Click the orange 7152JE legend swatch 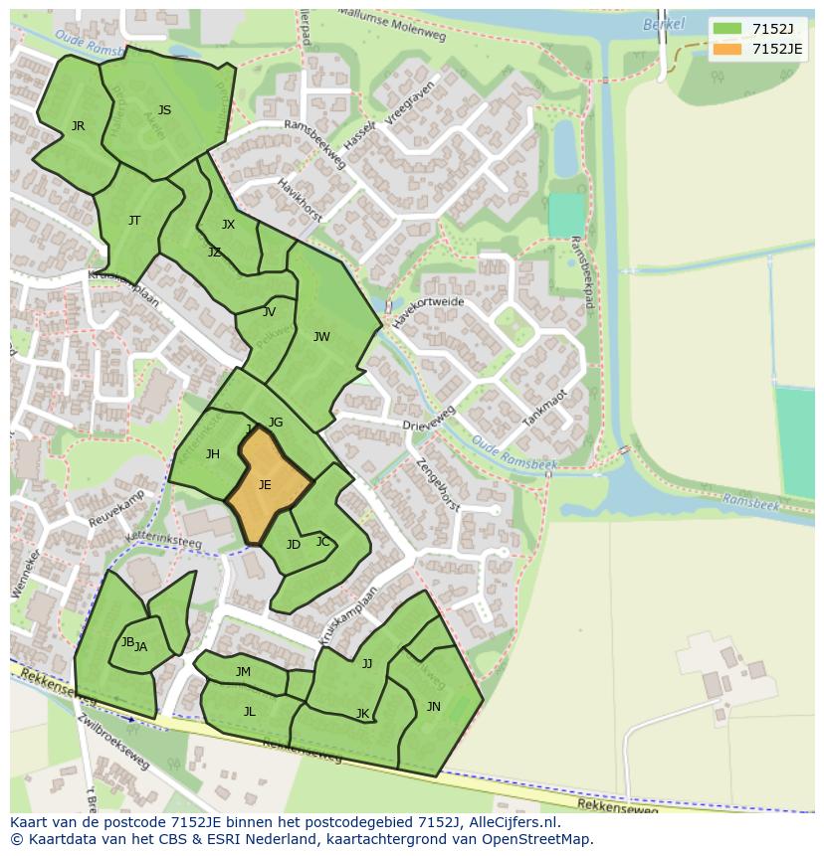point(726,49)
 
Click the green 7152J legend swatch point(726,28)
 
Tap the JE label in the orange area point(265,485)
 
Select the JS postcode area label point(164,110)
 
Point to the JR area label point(78,126)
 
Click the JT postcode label point(134,221)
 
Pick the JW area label point(321,337)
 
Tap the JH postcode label point(212,454)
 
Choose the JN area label point(433,707)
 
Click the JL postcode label point(249,711)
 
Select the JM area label point(243,672)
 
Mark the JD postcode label point(293,545)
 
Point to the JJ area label point(367,664)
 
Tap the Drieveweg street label point(429,419)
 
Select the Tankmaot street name point(545,407)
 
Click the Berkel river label point(664,24)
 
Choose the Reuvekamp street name point(117,507)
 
